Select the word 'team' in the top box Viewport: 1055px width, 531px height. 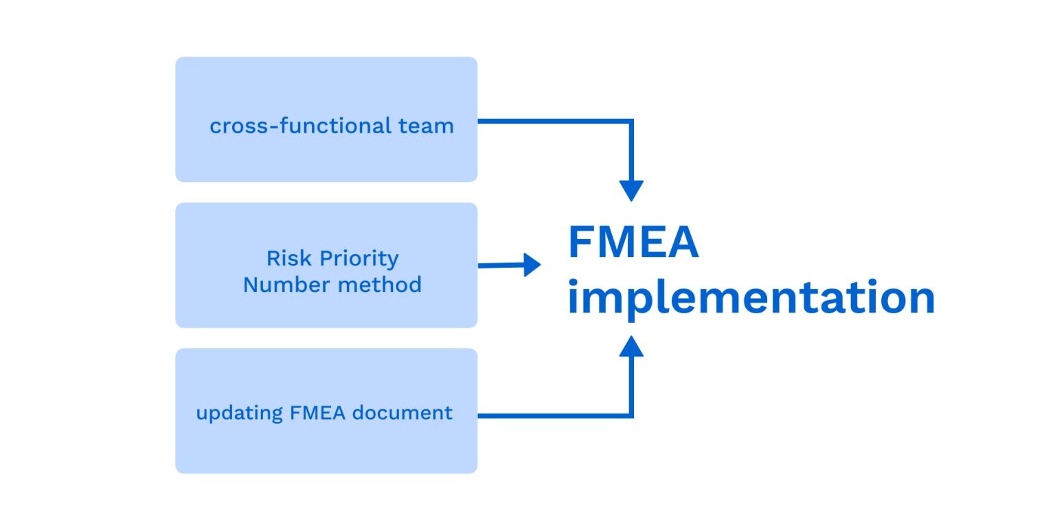pyautogui.click(x=426, y=126)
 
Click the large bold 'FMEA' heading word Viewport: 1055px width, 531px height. pyautogui.click(x=633, y=243)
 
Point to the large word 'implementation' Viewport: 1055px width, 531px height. pyautogui.click(x=751, y=298)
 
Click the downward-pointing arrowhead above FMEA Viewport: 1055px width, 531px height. pyautogui.click(x=631, y=190)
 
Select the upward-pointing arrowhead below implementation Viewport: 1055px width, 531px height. pyautogui.click(x=631, y=346)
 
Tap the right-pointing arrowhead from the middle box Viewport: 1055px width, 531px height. pyautogui.click(x=532, y=264)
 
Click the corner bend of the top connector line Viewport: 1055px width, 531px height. pyautogui.click(x=631, y=122)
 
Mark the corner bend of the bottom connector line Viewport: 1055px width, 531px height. pyautogui.click(x=631, y=416)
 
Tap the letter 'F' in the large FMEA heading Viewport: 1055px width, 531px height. pyautogui.click(x=580, y=243)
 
